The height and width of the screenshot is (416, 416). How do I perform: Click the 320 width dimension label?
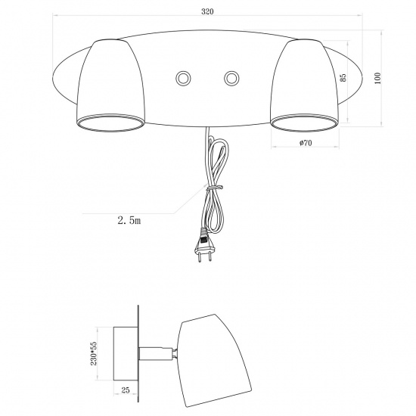pos(207,11)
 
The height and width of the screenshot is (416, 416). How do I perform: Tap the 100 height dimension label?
pos(377,78)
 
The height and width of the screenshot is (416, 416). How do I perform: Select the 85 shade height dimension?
pos(343,77)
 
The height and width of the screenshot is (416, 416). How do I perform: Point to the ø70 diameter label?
pos(306,143)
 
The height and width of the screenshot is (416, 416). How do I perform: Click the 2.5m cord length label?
pos(129,220)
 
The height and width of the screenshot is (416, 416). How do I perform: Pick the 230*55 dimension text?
pos(94,353)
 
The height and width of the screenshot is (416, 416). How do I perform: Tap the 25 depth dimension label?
pos(126,390)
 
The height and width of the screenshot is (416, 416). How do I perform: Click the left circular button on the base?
pos(183,78)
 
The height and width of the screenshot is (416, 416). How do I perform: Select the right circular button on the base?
pos(231,78)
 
